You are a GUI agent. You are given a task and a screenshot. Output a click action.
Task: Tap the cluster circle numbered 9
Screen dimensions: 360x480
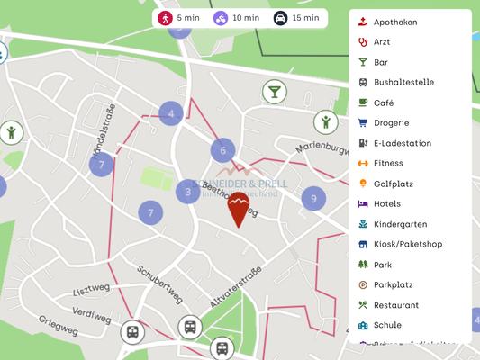click(x=313, y=199)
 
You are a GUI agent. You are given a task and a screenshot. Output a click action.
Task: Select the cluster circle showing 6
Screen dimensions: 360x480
click(x=223, y=150)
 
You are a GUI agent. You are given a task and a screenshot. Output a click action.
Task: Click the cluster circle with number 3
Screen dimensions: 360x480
click(x=188, y=191)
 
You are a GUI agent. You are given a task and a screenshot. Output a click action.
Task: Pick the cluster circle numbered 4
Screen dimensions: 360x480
click(x=170, y=113)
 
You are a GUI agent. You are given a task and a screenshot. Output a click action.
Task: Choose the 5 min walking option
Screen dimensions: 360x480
click(x=178, y=17)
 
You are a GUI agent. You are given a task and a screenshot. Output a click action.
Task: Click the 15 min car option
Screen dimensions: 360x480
click(x=296, y=17)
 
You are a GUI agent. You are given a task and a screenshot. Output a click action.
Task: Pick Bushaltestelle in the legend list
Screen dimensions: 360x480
click(x=403, y=82)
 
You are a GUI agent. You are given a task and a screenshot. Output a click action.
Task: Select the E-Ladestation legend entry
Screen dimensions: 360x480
click(x=402, y=143)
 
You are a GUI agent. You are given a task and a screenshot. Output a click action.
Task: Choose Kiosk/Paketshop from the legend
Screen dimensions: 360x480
click(x=407, y=244)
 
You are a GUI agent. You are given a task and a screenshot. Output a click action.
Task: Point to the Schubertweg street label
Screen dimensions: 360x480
click(x=160, y=283)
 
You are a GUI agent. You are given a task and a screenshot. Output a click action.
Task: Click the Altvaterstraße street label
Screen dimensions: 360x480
click(x=236, y=287)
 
